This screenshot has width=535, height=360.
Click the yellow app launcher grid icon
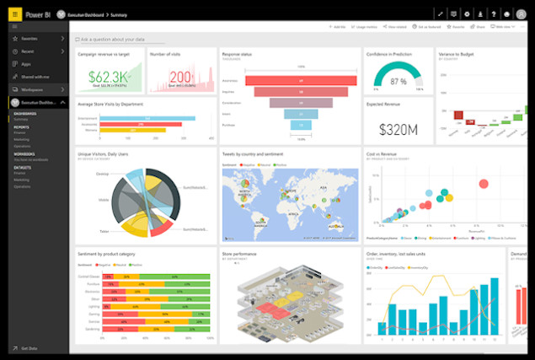[x=14, y=14]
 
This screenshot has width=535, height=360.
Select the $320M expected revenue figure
[x=399, y=128]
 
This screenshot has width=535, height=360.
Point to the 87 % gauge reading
[x=398, y=82]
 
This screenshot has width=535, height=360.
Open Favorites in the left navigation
[x=30, y=39]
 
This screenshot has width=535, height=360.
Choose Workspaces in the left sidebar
[x=32, y=88]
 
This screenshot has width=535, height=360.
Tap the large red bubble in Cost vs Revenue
[x=484, y=184]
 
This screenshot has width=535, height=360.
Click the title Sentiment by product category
[x=115, y=253]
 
